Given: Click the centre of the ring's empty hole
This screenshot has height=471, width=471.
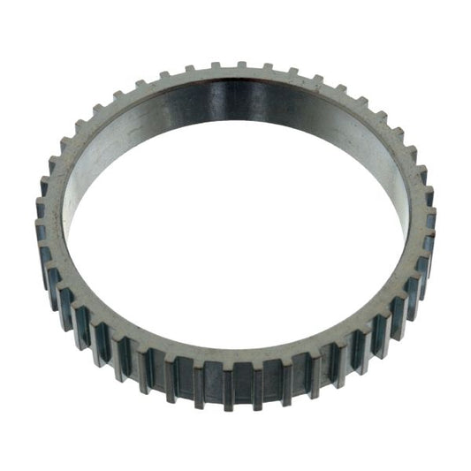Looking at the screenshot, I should pos(237,225).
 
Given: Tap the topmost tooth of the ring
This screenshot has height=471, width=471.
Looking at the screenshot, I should pos(240,65).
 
